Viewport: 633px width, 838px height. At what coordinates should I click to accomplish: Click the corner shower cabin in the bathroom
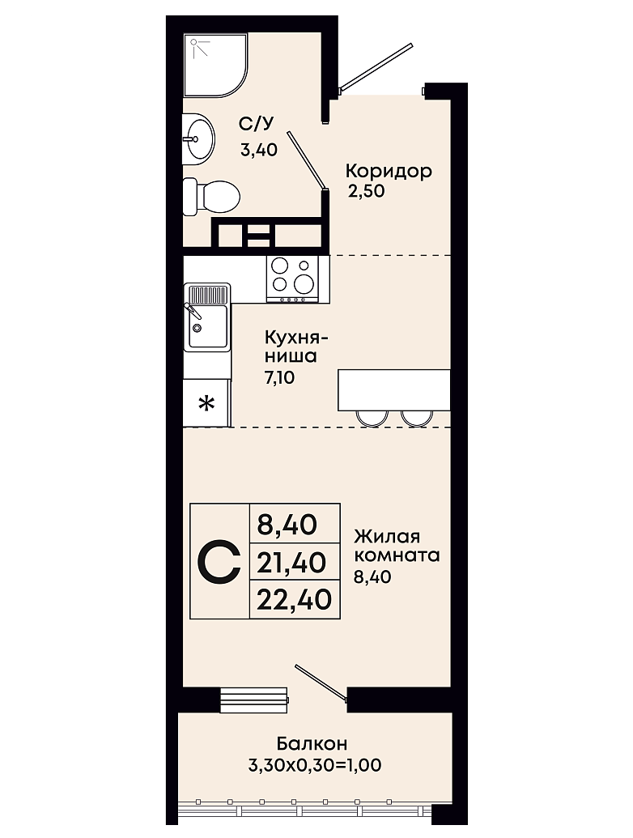pos(216,66)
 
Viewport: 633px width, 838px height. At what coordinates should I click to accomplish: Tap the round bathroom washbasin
pos(198,139)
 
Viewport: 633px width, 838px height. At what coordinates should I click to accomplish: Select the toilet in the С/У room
pos(211,197)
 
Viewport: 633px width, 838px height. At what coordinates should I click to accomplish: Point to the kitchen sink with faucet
pos(207,317)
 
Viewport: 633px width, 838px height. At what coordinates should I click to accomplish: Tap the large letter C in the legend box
pos(219,562)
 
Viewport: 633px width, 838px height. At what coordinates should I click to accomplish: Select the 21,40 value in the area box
pos(291,562)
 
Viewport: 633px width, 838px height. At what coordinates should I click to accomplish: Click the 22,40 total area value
pos(295,599)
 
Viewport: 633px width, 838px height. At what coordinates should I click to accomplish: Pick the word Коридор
pos(389,172)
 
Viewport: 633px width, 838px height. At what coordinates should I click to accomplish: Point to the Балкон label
pos(312,743)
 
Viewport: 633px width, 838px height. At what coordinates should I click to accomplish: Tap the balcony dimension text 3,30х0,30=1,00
pos(315,765)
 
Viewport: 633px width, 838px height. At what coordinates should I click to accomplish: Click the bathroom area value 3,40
pos(258,150)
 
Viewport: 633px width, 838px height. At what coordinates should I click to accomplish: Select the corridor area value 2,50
pos(367,191)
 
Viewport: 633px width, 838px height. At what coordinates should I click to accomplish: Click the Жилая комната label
pos(397,546)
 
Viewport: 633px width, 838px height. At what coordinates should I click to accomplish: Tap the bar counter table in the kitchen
pos(393,389)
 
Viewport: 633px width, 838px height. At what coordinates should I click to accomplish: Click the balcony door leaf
pos(321,682)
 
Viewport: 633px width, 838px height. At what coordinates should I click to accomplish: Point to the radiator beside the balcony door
pos(254,700)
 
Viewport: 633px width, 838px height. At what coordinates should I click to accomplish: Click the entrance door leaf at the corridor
pos(376,66)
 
